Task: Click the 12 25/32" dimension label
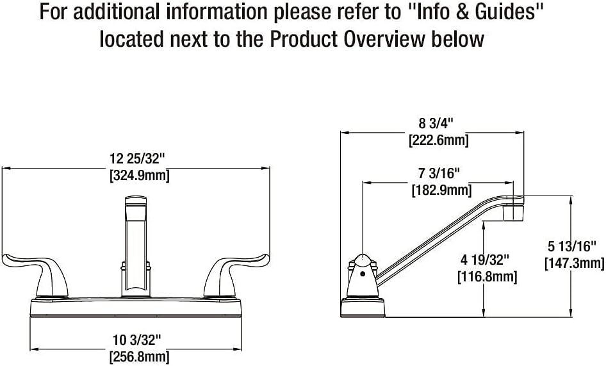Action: pyautogui.click(x=137, y=158)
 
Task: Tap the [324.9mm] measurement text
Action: pyautogui.click(x=140, y=176)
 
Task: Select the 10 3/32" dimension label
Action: pyautogui.click(x=136, y=340)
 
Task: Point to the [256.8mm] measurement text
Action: pyautogui.click(x=140, y=356)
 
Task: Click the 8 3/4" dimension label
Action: pyautogui.click(x=436, y=123)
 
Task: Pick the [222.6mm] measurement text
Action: pyautogui.click(x=439, y=140)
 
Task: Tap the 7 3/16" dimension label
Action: pyautogui.click(x=439, y=173)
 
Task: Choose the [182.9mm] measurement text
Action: pyautogui.click(x=442, y=190)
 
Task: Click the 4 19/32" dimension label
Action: pyautogui.click(x=485, y=260)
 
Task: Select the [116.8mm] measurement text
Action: pyautogui.click(x=487, y=277)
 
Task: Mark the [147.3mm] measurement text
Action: pyautogui.click(x=575, y=263)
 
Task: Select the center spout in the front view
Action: pyautogui.click(x=136, y=246)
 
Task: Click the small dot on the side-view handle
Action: pyautogui.click(x=362, y=274)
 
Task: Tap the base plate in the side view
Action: pyautogui.click(x=363, y=307)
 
